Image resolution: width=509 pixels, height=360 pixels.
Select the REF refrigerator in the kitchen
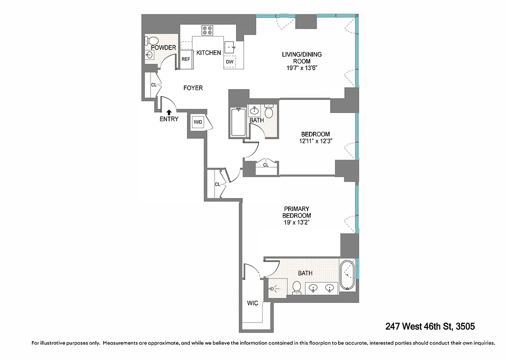186,59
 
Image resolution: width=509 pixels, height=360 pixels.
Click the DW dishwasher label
229,62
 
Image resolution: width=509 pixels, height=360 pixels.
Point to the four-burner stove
207,30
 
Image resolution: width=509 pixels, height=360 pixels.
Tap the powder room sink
149,55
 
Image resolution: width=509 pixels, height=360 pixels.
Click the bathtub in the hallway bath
237,122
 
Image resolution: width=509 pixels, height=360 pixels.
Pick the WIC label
252,303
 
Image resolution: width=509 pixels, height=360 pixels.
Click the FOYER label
193,88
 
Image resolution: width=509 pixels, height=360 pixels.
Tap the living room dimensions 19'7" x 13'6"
302,68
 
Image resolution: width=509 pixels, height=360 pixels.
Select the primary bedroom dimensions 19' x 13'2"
297,222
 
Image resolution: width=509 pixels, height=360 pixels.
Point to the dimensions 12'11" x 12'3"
315,141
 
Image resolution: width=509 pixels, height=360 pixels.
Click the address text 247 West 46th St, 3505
430,326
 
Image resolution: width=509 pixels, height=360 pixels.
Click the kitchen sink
231,46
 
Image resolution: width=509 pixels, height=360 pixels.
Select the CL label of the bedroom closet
265,165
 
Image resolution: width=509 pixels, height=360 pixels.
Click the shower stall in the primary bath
277,287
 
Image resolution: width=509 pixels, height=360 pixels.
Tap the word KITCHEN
209,53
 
